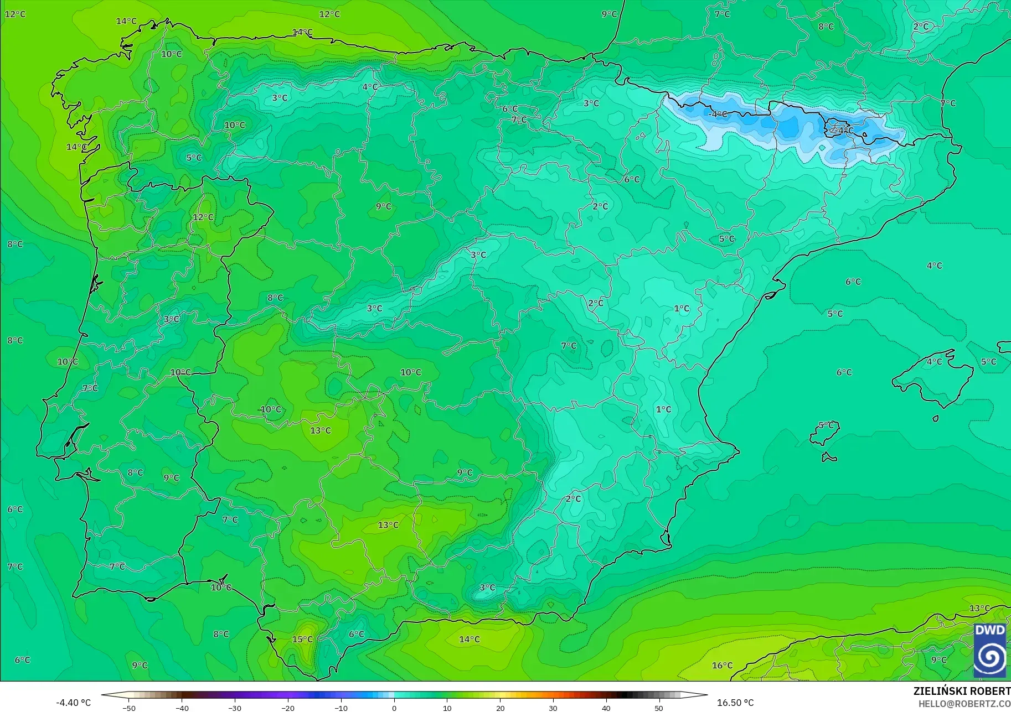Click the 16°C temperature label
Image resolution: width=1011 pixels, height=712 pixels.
coord(722,665)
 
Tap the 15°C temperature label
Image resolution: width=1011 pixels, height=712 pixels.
coord(302,639)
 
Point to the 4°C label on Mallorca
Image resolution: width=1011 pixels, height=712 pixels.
coord(934,361)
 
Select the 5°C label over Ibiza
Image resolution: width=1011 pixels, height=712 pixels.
coord(826,425)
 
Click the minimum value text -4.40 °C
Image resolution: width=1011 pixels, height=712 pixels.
coord(73,703)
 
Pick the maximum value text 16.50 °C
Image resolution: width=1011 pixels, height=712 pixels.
coord(735,703)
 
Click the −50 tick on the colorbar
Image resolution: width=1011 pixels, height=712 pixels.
coord(129,708)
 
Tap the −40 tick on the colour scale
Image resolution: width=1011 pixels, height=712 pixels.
coord(182,708)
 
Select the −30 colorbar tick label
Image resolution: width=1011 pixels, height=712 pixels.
coord(235,708)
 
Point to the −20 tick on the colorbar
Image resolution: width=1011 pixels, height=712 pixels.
coord(288,708)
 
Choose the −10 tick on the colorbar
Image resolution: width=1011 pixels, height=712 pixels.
coord(341,708)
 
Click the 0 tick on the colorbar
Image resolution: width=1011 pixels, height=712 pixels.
coord(394,708)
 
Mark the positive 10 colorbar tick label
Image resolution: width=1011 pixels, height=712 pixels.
coord(447,708)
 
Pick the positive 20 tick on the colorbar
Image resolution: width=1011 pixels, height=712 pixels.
coord(501,708)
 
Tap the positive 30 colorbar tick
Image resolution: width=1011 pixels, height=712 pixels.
coord(553,708)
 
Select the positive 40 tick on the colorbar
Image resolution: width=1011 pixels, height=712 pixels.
coord(606,708)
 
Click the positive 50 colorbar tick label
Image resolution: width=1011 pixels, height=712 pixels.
coord(659,708)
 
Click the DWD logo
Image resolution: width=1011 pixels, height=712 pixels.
coord(990,651)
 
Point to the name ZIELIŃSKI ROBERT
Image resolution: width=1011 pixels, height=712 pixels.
coord(962,691)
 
